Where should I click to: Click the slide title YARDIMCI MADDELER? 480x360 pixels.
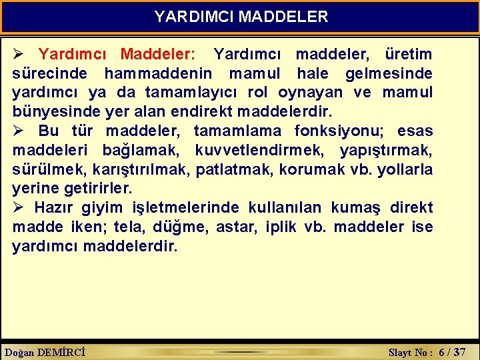click(x=241, y=17)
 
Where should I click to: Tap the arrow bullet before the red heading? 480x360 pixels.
click(x=19, y=54)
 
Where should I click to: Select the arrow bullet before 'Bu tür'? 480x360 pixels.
click(x=19, y=131)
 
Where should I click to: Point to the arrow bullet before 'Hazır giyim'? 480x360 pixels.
click(x=19, y=207)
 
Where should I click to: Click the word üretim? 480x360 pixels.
click(x=409, y=54)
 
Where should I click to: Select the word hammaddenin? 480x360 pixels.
click(x=158, y=73)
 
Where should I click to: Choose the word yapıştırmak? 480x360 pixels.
click(x=386, y=150)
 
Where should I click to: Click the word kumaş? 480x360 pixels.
click(x=365, y=208)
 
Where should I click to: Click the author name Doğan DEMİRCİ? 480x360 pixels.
click(x=45, y=352)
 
